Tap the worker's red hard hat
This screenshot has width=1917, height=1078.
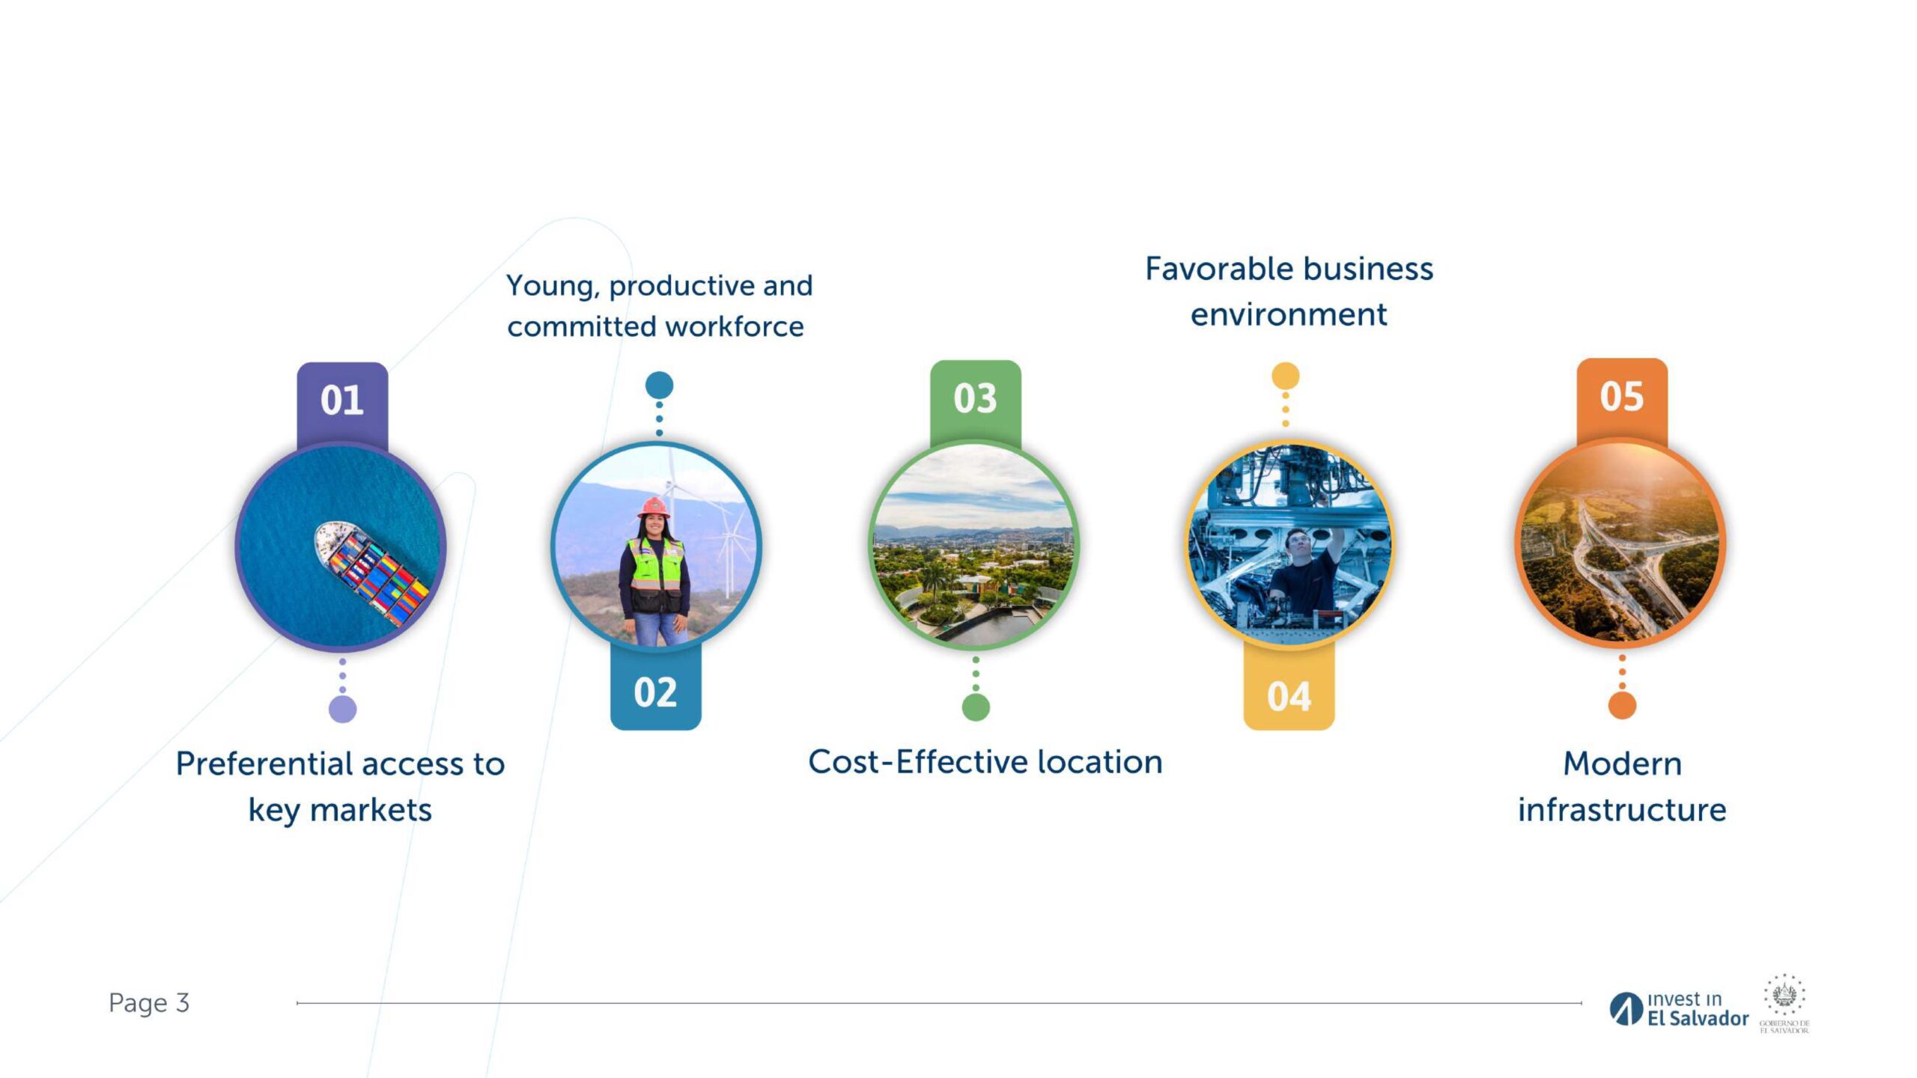[x=654, y=507]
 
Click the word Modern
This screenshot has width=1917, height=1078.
[x=1623, y=764]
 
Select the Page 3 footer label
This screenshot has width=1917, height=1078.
[x=149, y=1003]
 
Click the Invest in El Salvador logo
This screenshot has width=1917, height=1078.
[x=1679, y=1009]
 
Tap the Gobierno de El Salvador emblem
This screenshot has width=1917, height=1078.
[x=1784, y=1003]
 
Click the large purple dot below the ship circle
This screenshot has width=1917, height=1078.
[x=343, y=709]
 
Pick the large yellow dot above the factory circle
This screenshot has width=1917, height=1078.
[x=1286, y=376]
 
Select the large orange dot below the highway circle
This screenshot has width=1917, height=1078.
[x=1622, y=705]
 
